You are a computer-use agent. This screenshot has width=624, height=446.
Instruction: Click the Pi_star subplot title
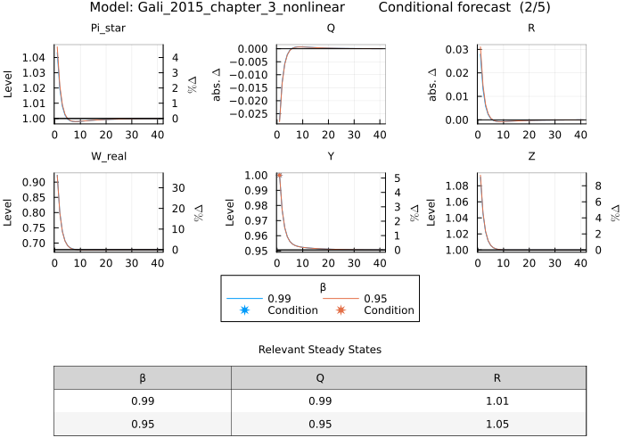pos(106,28)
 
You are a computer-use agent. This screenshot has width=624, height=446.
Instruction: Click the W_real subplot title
pos(106,156)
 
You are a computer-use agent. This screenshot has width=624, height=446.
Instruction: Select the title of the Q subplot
pos(331,28)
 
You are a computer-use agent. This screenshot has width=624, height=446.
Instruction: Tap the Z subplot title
pos(531,156)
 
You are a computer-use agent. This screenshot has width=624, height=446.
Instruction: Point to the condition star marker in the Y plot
pos(279,176)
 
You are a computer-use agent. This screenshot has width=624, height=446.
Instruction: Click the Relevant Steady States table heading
pos(319,350)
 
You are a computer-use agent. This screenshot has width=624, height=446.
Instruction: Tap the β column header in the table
pos(143,377)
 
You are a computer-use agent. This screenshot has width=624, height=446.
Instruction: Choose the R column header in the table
pos(497,377)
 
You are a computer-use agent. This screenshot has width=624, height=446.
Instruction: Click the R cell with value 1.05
pos(497,424)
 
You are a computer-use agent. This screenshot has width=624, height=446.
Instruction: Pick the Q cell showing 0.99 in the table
pos(319,401)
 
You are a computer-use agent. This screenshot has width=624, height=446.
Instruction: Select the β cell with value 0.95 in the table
pos(143,424)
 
